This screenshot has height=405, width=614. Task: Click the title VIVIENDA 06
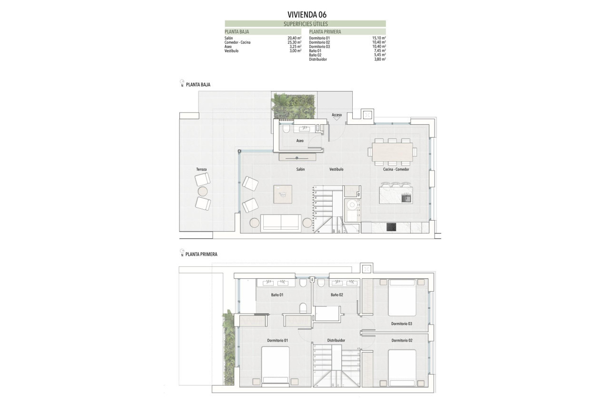pos(307,14)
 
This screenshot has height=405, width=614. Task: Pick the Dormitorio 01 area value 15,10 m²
pos(379,38)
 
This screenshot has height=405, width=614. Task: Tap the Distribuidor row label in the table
pos(318,60)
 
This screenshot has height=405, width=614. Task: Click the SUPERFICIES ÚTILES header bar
pos(305,23)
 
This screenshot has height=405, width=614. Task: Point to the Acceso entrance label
pos(337,115)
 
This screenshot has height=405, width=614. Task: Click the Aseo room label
pos(300,141)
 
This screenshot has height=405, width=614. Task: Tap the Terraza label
pos(202,169)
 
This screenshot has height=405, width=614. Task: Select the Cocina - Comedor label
pos(396,169)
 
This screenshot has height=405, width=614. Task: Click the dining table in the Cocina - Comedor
pos(393,152)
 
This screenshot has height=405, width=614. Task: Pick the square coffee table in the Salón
pos(283,194)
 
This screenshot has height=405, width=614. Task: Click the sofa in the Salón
pos(281,223)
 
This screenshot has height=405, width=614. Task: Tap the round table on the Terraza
pos(203,192)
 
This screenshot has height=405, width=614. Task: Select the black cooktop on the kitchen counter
pos(391,228)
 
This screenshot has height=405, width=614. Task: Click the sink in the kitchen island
pos(406,198)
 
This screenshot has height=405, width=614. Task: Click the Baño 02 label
pos(337,295)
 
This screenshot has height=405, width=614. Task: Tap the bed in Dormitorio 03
pos(402,298)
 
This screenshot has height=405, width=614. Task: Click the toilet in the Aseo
pos(286,129)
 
